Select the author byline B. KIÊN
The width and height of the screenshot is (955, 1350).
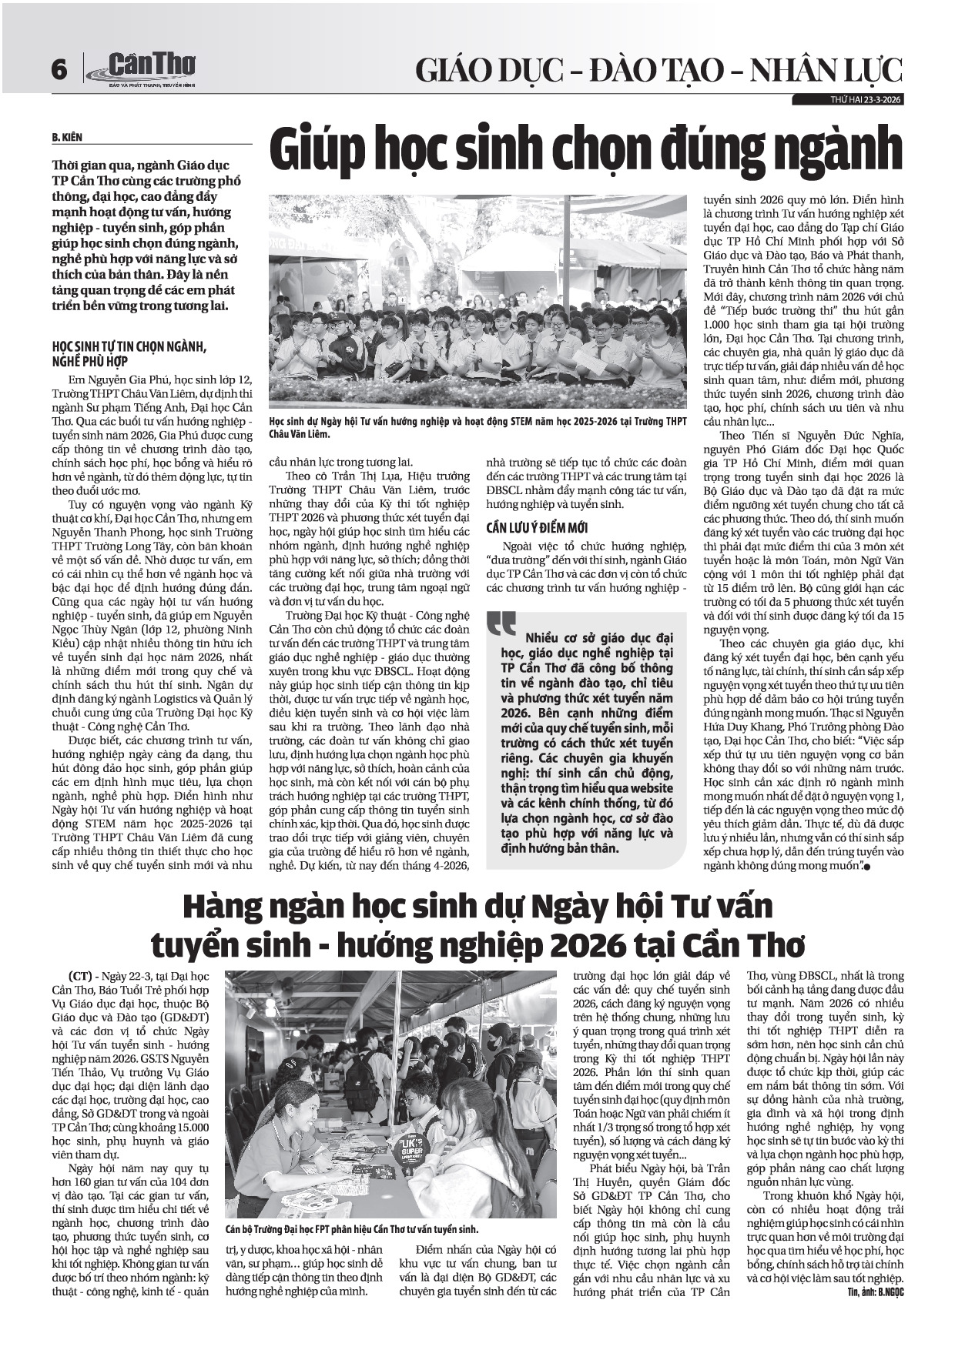click(x=67, y=138)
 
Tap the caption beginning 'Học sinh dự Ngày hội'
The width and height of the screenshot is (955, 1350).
click(x=477, y=427)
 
